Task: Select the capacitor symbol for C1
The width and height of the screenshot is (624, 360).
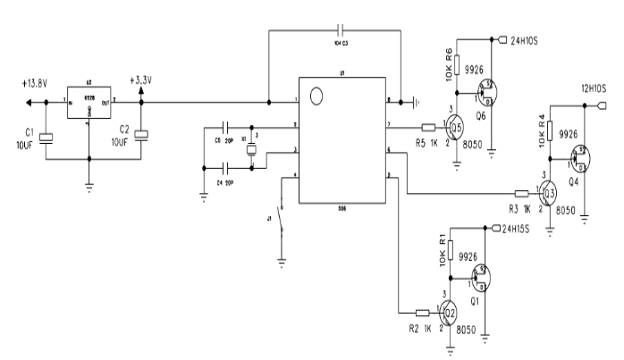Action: tap(47, 136)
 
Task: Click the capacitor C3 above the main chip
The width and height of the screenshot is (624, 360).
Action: tap(341, 28)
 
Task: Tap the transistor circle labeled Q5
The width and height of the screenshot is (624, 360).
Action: tap(456, 125)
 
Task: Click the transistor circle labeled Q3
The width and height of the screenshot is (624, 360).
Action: tap(549, 190)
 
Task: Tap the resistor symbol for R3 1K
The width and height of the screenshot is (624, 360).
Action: tap(522, 192)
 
